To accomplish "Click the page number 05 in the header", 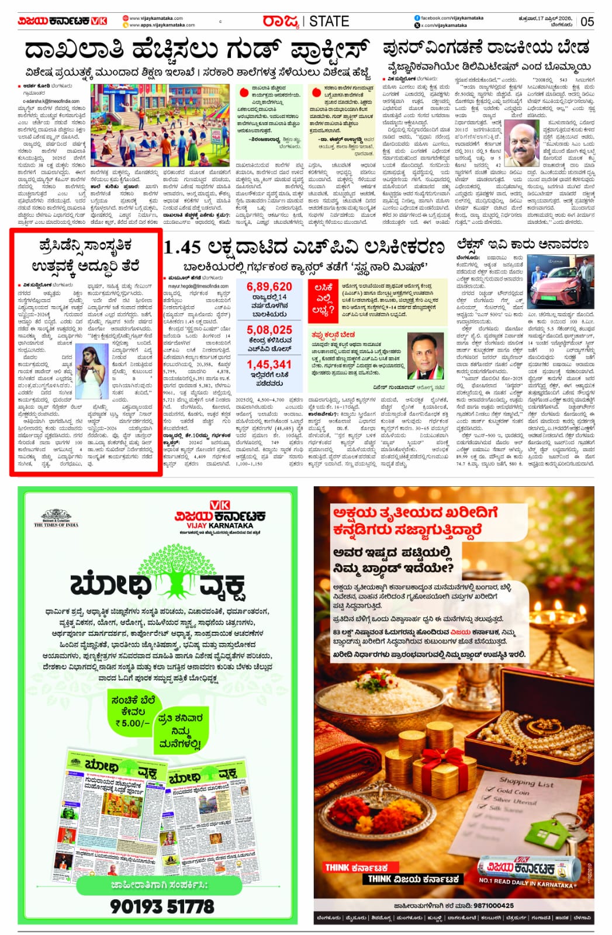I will [587, 22].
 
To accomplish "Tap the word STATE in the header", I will [329, 22].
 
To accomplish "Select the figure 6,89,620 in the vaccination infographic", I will [269, 286].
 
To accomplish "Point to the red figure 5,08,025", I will [269, 330].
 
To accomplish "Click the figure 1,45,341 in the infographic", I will [269, 365].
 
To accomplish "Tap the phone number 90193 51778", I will [162, 906].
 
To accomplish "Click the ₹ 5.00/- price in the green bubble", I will [132, 723].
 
